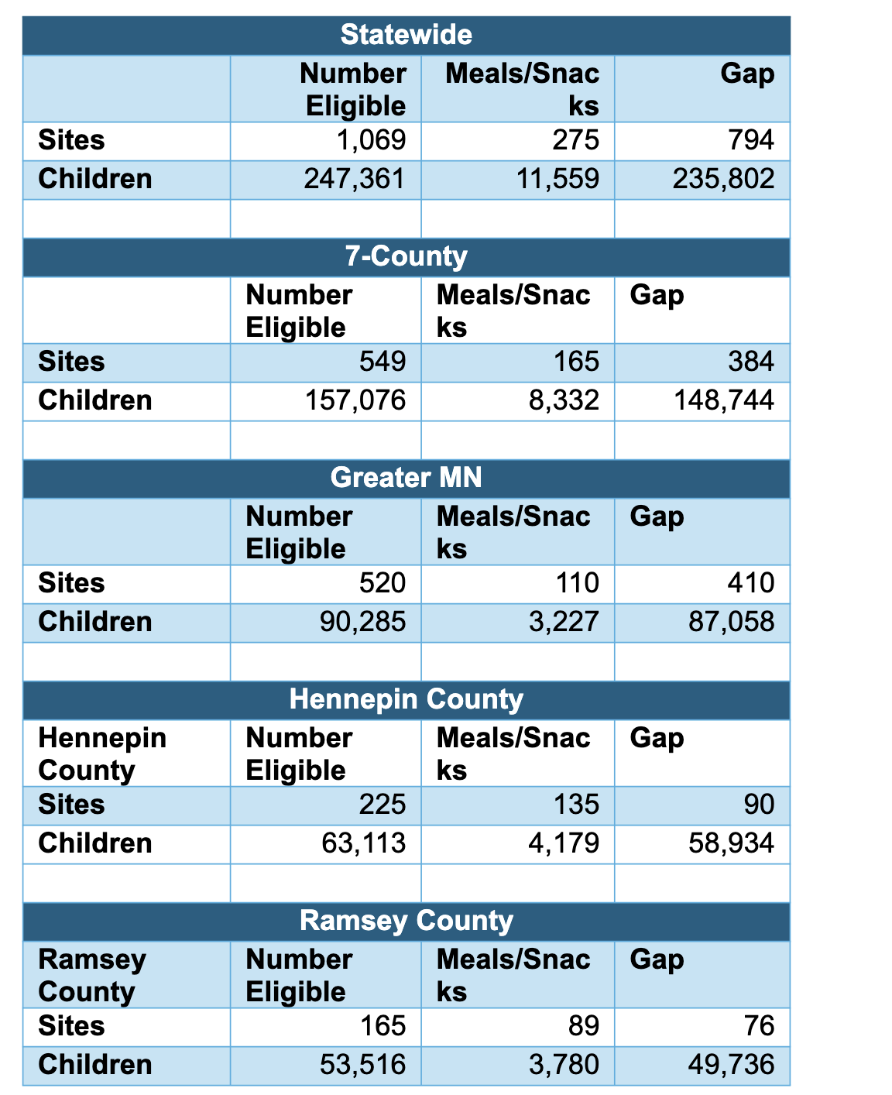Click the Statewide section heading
click(406, 35)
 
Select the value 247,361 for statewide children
click(355, 179)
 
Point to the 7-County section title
click(406, 256)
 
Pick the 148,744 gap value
click(723, 400)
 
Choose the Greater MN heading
click(406, 477)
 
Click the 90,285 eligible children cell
click(362, 622)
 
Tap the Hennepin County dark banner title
click(406, 699)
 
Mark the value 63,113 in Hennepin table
click(362, 843)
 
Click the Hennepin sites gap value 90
click(759, 805)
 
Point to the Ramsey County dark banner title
click(406, 921)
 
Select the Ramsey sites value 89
click(583, 1026)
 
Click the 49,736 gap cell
click(731, 1065)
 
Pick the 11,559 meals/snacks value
click(557, 179)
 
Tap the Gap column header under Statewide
click(746, 74)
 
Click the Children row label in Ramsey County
click(94, 1065)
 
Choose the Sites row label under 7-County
click(71, 362)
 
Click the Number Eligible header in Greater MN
click(299, 532)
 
